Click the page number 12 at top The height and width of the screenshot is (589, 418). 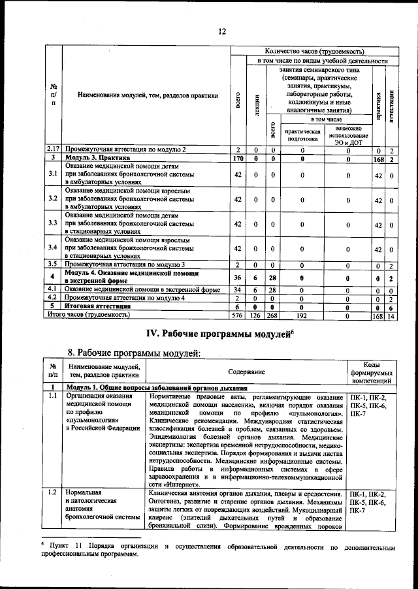tap(221, 31)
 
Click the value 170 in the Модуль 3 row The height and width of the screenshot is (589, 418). tap(238, 158)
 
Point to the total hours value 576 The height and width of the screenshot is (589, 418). tap(238, 315)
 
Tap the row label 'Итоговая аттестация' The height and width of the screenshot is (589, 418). tap(97, 306)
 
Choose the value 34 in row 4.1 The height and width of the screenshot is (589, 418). tap(238, 289)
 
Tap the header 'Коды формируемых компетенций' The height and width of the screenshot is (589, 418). tap(371, 372)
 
